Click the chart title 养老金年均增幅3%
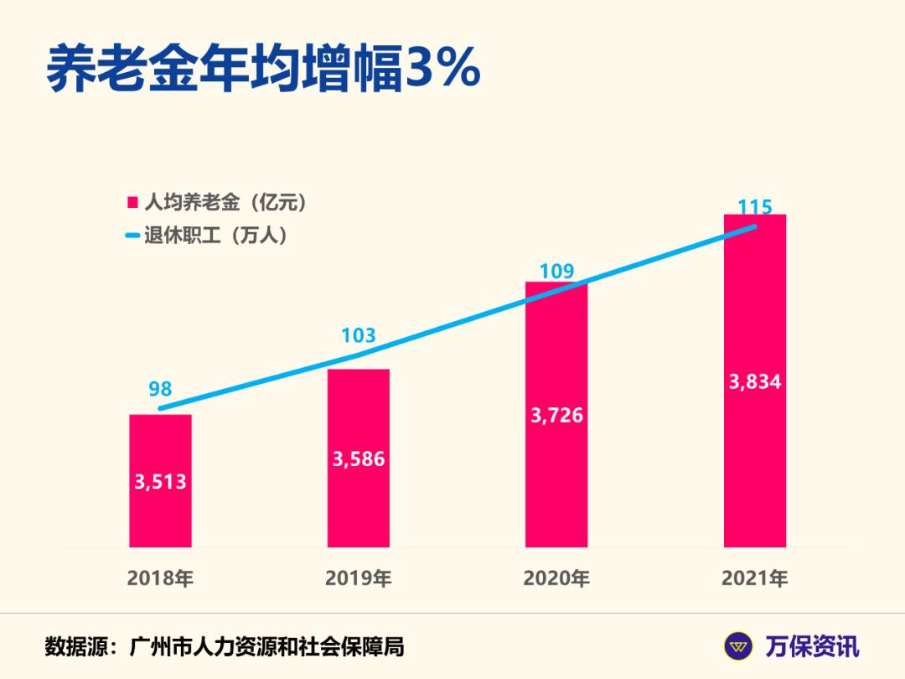262,69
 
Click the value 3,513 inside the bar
160,482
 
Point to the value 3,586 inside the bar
359,459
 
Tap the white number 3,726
556,415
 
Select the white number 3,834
754,382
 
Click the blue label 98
160,388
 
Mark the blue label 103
359,336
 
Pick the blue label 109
556,271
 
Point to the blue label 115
754,206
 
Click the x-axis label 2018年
160,578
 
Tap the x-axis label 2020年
556,578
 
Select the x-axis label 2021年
754,578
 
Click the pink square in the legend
132,203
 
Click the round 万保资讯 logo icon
739,646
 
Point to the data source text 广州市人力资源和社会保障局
267,647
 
